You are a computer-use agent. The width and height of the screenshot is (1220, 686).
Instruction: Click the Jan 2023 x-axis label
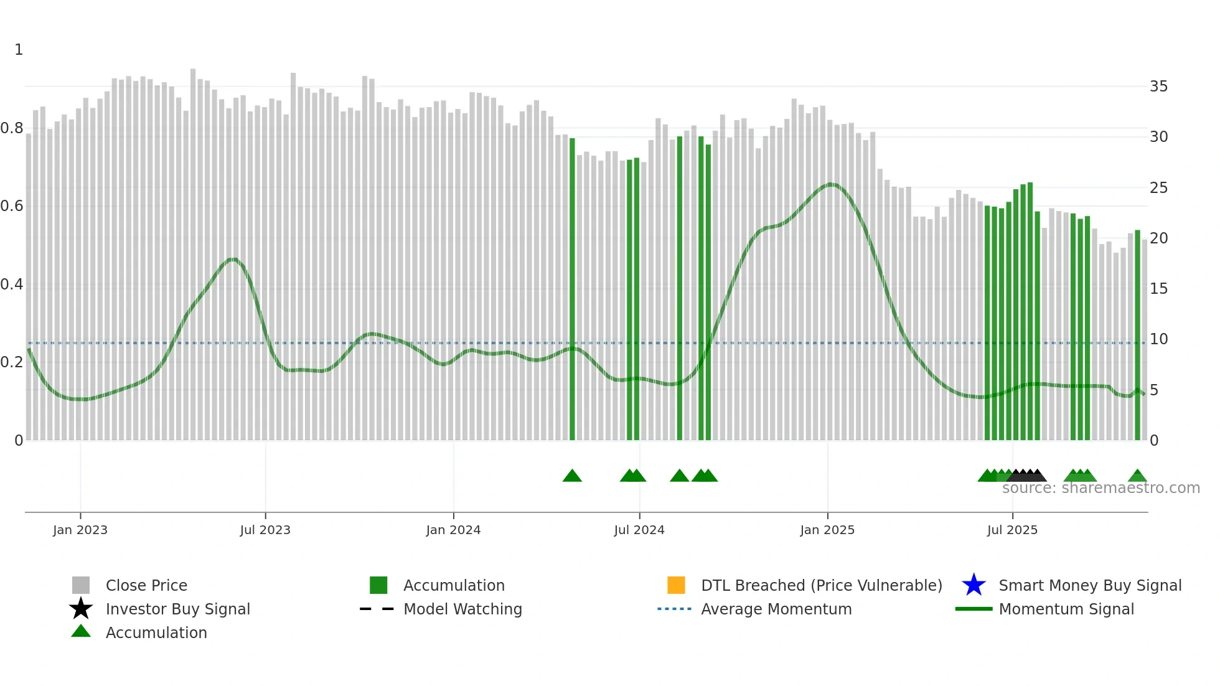80,530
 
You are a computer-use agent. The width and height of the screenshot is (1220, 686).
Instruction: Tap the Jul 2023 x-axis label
265,530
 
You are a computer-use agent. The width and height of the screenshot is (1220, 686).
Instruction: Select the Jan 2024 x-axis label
453,530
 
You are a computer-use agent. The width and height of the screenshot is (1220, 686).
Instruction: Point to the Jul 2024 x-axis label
639,530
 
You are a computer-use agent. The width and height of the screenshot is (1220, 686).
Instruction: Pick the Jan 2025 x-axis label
827,530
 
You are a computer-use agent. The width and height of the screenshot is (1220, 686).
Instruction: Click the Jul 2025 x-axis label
1012,530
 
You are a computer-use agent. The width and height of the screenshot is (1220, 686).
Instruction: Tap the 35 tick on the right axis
1158,87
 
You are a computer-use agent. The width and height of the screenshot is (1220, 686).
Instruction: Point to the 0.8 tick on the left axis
12,128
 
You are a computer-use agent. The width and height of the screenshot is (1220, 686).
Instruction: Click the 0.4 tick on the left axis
12,284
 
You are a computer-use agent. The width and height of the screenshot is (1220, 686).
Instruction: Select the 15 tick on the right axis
1158,289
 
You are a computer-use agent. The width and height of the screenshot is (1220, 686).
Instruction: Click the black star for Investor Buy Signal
81,609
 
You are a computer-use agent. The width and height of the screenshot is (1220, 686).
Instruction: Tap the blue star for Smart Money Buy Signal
974,585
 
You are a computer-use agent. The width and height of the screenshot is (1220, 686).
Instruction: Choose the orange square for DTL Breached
676,585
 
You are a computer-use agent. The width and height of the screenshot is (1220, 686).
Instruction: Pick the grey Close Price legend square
81,585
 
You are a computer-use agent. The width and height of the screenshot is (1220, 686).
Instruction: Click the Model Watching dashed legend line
377,609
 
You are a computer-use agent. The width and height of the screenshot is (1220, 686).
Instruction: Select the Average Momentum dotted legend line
675,609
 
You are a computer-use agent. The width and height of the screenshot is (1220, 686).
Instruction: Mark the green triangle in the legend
81,631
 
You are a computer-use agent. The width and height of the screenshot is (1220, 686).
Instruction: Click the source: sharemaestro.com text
1100,488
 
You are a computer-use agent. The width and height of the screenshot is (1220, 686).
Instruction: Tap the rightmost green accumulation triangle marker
1137,476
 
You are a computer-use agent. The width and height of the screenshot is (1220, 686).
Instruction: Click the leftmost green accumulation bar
572,289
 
